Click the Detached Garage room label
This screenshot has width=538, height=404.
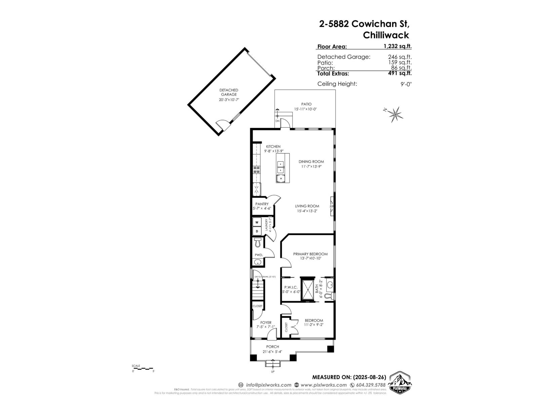click(x=229, y=92)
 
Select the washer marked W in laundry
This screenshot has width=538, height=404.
click(x=257, y=222)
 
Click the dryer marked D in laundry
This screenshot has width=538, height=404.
click(x=257, y=231)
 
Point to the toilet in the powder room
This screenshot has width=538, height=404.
click(x=258, y=242)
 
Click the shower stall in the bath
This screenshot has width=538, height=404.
click(x=307, y=289)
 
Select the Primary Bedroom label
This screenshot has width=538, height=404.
click(x=310, y=254)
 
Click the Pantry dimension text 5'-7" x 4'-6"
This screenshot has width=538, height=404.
click(x=262, y=208)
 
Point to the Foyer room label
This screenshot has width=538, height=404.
click(x=266, y=323)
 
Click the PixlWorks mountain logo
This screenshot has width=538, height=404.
click(x=400, y=382)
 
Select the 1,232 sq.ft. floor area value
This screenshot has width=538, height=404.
click(x=398, y=47)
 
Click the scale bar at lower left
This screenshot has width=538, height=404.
click(x=143, y=369)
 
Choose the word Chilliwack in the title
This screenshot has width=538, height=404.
click(x=386, y=35)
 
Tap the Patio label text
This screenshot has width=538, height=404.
click(x=306, y=104)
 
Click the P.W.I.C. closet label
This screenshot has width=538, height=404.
click(x=291, y=287)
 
